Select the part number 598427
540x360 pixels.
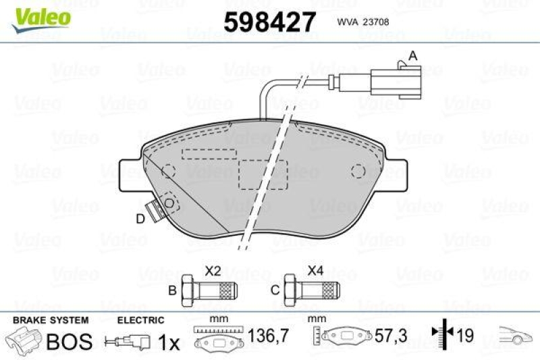pos(269,23)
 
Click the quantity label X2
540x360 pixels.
pos(213,272)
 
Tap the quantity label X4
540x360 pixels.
pos(315,272)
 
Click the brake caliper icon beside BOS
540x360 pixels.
pos(22,340)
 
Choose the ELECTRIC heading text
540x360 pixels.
pos(140,320)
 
